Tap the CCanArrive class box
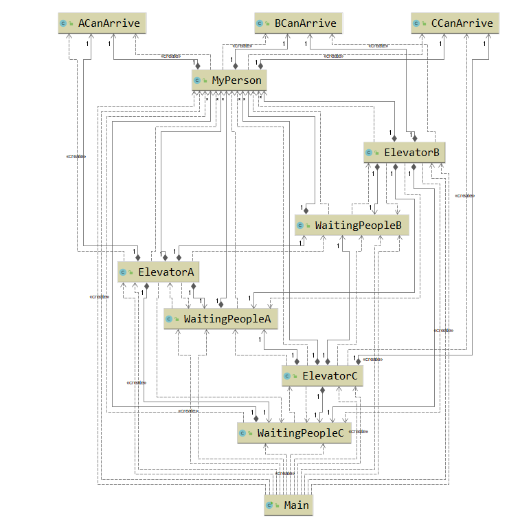pos(455,23)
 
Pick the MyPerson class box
pos(227,80)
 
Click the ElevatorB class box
pos(405,151)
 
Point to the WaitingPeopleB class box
pos(352,225)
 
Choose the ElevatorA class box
pos(158,272)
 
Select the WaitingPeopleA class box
pos(220,319)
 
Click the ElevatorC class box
pos(322,375)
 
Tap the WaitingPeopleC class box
pos(294,432)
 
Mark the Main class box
pos(289,505)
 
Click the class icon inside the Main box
pos(271,505)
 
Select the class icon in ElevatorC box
pos(289,376)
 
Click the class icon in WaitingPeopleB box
pos(301,226)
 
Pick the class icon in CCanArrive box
pos(418,24)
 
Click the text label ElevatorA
pos(166,272)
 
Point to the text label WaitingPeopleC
pos(300,432)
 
